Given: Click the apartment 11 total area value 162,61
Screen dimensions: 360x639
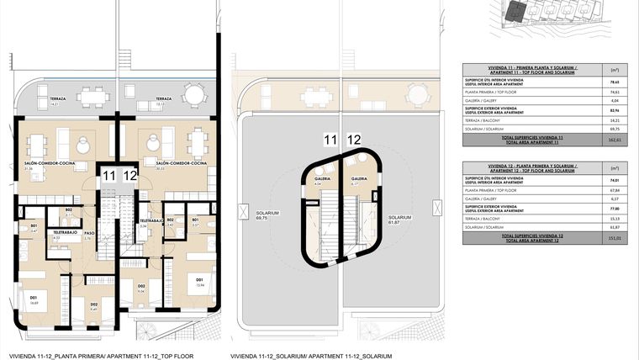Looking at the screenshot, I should [x=614, y=140].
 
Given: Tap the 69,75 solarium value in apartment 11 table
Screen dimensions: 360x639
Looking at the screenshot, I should [x=614, y=129].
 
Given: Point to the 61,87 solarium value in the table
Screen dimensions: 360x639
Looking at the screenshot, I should [x=614, y=226].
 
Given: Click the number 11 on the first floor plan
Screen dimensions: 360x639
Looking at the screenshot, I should [x=109, y=176].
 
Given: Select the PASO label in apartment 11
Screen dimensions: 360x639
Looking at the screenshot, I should [x=87, y=234].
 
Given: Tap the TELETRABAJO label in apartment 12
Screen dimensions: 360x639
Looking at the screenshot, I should [x=151, y=222].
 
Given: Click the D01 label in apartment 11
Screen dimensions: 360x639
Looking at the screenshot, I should [x=34, y=297].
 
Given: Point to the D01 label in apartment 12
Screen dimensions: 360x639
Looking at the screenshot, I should [x=199, y=281].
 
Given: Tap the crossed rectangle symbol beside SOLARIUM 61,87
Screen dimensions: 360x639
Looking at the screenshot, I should [x=434, y=208].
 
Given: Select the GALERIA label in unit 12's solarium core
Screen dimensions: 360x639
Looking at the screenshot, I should [x=358, y=179].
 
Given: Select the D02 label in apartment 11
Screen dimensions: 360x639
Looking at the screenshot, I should [x=94, y=304].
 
